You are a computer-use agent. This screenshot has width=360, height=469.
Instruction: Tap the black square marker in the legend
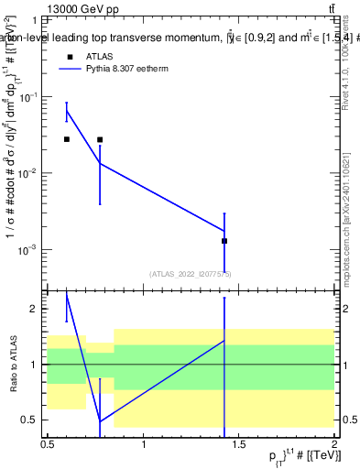[69, 55]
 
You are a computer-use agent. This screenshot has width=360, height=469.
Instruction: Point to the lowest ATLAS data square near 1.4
[224, 241]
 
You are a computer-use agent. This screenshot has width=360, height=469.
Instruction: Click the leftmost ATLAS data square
[66, 139]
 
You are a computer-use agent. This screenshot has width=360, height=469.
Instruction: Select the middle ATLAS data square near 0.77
[100, 139]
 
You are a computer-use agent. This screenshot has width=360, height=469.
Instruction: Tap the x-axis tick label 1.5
[239, 443]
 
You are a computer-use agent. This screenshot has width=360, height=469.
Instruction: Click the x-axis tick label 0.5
[48, 443]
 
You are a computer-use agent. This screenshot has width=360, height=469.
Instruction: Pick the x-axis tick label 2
[334, 443]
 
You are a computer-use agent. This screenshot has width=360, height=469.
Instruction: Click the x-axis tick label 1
[144, 443]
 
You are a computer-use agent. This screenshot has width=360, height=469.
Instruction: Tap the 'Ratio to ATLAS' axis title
[12, 365]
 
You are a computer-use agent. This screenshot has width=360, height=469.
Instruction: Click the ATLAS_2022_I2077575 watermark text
[191, 273]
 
